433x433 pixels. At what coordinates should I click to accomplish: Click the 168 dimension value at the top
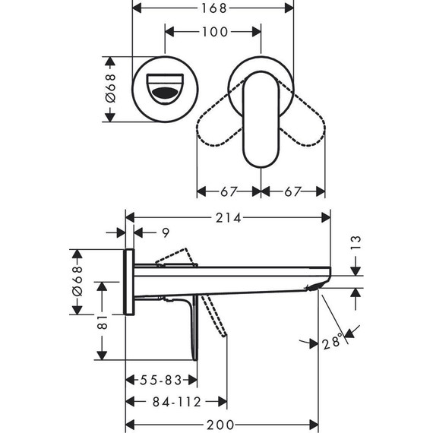tap(213, 9)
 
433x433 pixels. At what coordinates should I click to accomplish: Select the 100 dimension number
tap(213, 32)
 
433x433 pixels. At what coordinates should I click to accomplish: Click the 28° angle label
tap(332, 343)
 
